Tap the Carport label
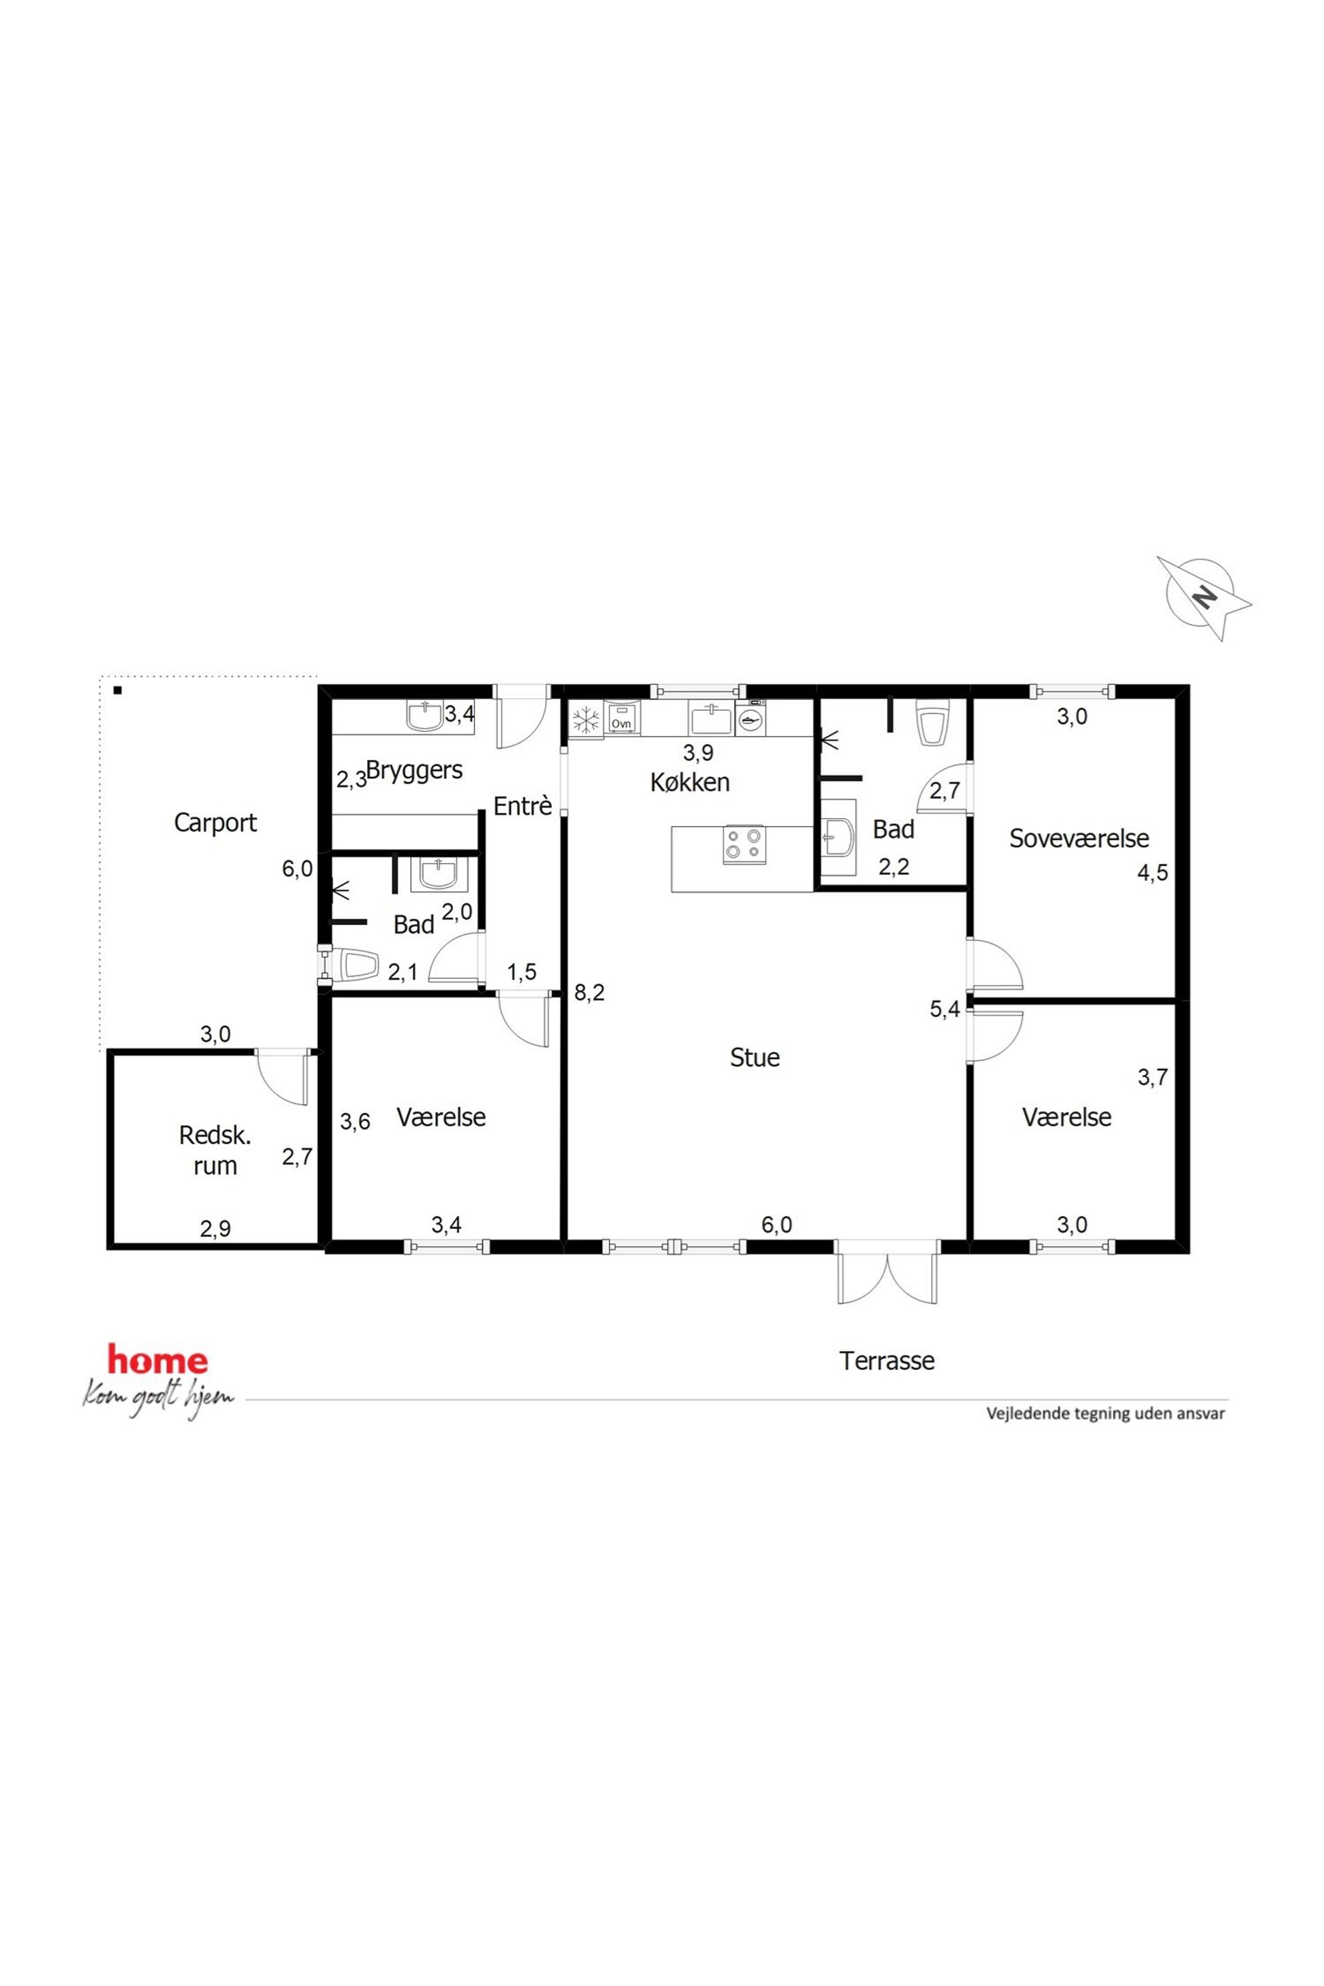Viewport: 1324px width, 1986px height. pyautogui.click(x=216, y=822)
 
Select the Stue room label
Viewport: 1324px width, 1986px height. pyautogui.click(x=755, y=1057)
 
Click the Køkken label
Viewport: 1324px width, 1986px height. pyautogui.click(x=690, y=782)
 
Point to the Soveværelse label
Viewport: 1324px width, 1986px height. pyautogui.click(x=1079, y=838)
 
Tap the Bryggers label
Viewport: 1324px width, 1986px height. pyautogui.click(x=414, y=771)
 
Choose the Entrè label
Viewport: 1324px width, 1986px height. pyautogui.click(x=523, y=806)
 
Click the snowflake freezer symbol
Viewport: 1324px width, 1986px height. pyautogui.click(x=586, y=720)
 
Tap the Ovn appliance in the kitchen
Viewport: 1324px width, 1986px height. pyautogui.click(x=621, y=719)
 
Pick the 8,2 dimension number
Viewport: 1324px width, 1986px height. pyautogui.click(x=589, y=993)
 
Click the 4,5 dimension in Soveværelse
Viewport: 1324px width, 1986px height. pyautogui.click(x=1152, y=872)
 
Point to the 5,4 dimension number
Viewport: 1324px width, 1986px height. pyautogui.click(x=945, y=1008)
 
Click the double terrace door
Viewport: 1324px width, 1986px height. pyautogui.click(x=888, y=1273)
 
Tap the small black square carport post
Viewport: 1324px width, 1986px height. pyautogui.click(x=118, y=691)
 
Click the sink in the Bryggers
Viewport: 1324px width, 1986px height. pyautogui.click(x=424, y=716)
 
